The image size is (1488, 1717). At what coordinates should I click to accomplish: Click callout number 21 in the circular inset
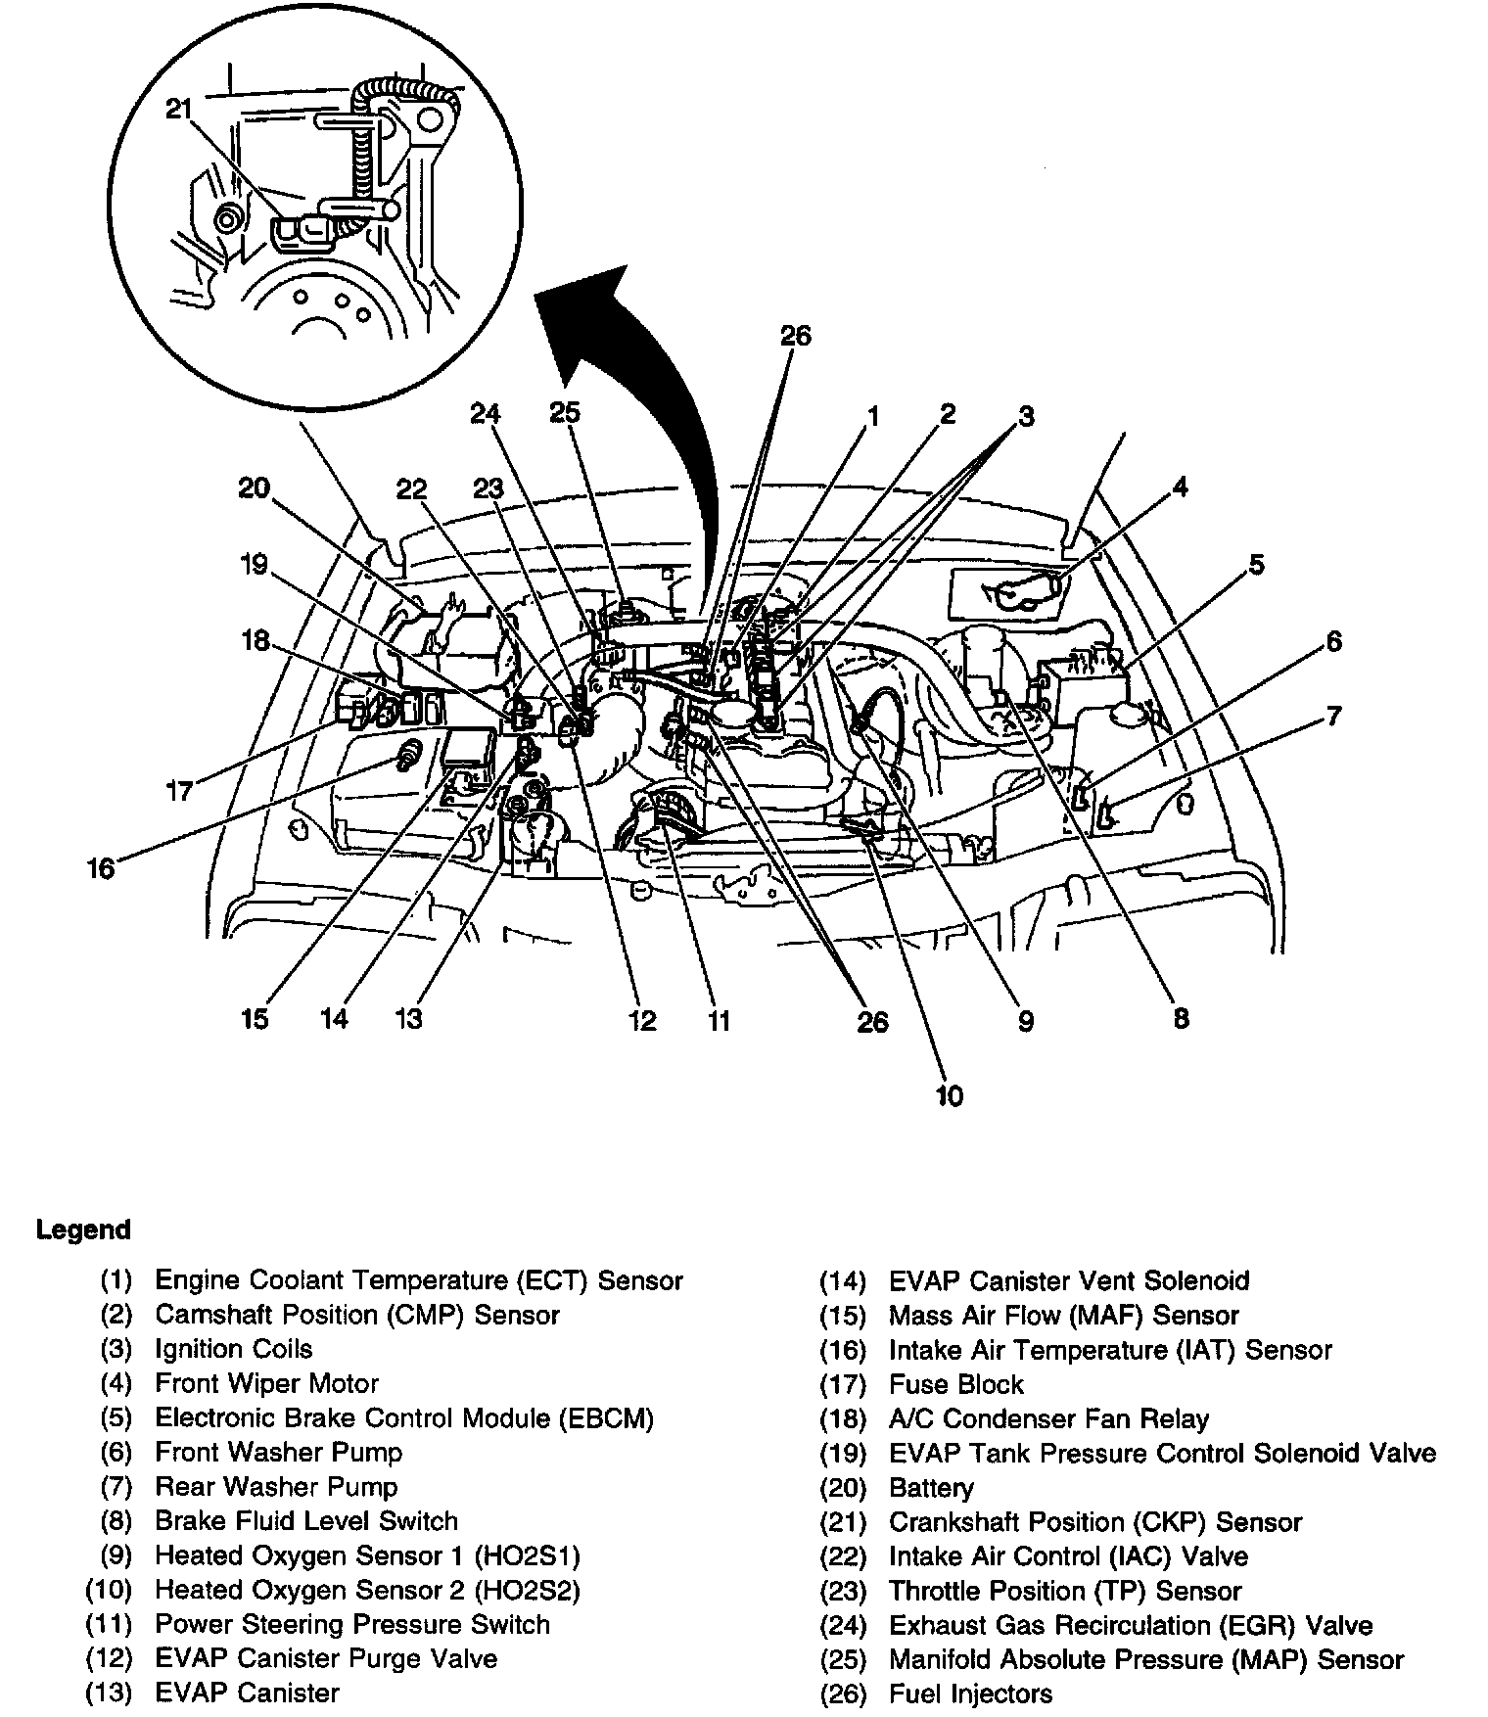coord(178,109)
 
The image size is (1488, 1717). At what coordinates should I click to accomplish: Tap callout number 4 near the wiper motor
coord(1181,487)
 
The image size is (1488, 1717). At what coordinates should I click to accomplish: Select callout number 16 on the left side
coord(101,868)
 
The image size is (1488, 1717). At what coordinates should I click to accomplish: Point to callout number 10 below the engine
coord(949,1095)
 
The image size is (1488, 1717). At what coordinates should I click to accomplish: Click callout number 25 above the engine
coord(565,413)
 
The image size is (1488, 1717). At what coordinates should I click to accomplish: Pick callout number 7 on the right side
coord(1333,717)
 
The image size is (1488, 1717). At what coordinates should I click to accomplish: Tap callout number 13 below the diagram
coord(408,1019)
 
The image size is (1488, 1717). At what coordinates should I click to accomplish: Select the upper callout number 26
coord(795,336)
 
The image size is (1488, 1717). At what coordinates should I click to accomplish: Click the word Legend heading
coord(83,1230)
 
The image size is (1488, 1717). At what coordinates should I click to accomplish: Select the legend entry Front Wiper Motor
coord(266,1383)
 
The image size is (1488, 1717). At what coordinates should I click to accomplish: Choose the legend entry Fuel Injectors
coord(970,1694)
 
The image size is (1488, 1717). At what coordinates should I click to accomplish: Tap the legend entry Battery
coord(931,1489)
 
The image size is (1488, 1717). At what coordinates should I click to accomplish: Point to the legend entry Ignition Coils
coord(233,1349)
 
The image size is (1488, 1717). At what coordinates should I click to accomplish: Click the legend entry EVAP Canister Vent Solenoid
coord(1069,1280)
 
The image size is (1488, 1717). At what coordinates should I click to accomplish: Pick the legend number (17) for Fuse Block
coord(843,1385)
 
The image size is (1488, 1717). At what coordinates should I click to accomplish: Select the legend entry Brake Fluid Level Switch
coord(306,1521)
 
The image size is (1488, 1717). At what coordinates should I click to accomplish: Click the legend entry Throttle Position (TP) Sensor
coord(1065,1591)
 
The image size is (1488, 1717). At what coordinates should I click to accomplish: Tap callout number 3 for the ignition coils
coord(1025,417)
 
